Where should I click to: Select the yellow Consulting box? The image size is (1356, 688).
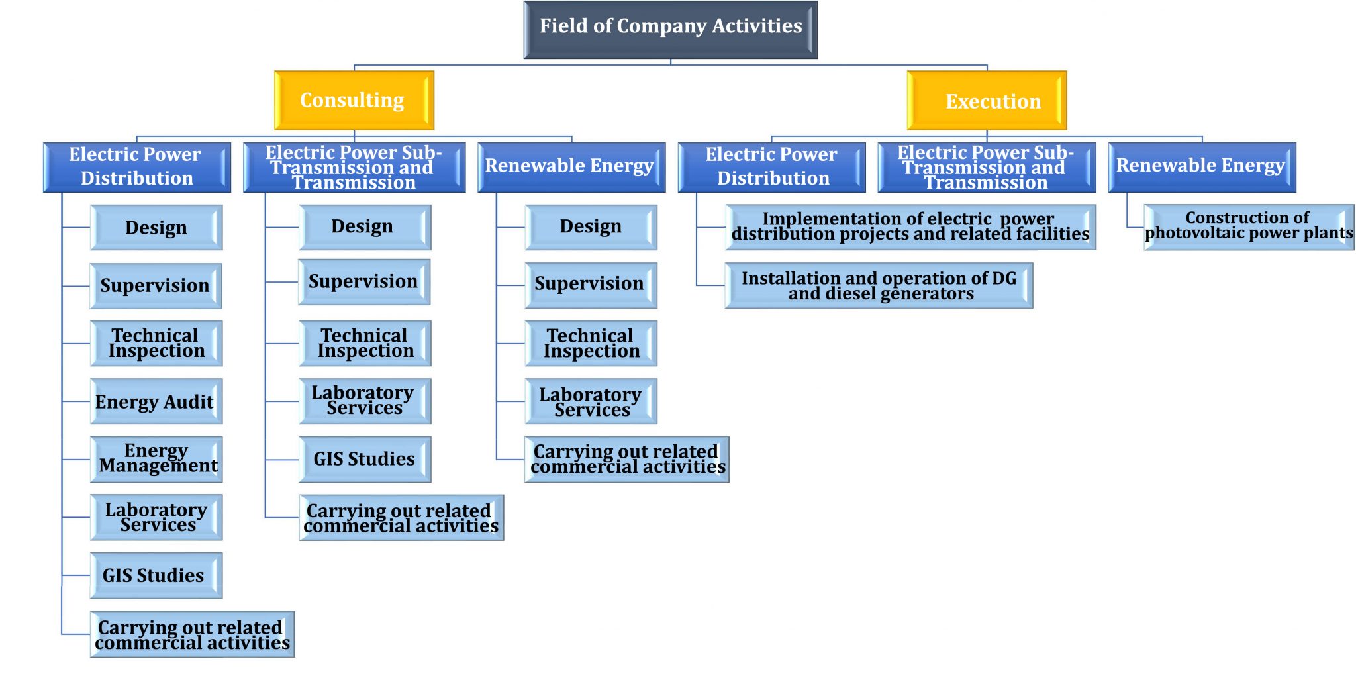pos(354,100)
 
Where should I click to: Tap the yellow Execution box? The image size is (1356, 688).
pos(987,101)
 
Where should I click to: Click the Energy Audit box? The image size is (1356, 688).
pos(156,401)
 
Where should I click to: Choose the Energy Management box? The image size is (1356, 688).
pos(156,459)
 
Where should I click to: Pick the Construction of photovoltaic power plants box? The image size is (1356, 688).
pos(1249,226)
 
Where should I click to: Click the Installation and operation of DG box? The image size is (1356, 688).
pos(879,285)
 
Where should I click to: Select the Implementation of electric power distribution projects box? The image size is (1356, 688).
pos(910,226)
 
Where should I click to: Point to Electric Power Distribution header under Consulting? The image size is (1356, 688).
pos(136,167)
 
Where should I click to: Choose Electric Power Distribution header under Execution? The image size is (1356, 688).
pos(771,167)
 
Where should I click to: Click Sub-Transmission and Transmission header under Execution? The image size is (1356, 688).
pos(987,167)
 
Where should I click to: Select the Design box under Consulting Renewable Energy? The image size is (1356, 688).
pos(591,226)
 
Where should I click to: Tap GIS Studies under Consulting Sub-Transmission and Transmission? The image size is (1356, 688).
pos(365,459)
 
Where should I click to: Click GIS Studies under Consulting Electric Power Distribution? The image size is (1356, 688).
pos(156,575)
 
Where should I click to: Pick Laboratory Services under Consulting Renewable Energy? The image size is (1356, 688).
pos(591,401)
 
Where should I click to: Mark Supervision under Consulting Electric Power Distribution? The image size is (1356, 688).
pos(156,285)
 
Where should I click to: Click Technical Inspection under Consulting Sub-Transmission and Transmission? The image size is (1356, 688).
pos(365,343)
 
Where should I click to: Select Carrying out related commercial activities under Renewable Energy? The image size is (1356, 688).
pos(626,459)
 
